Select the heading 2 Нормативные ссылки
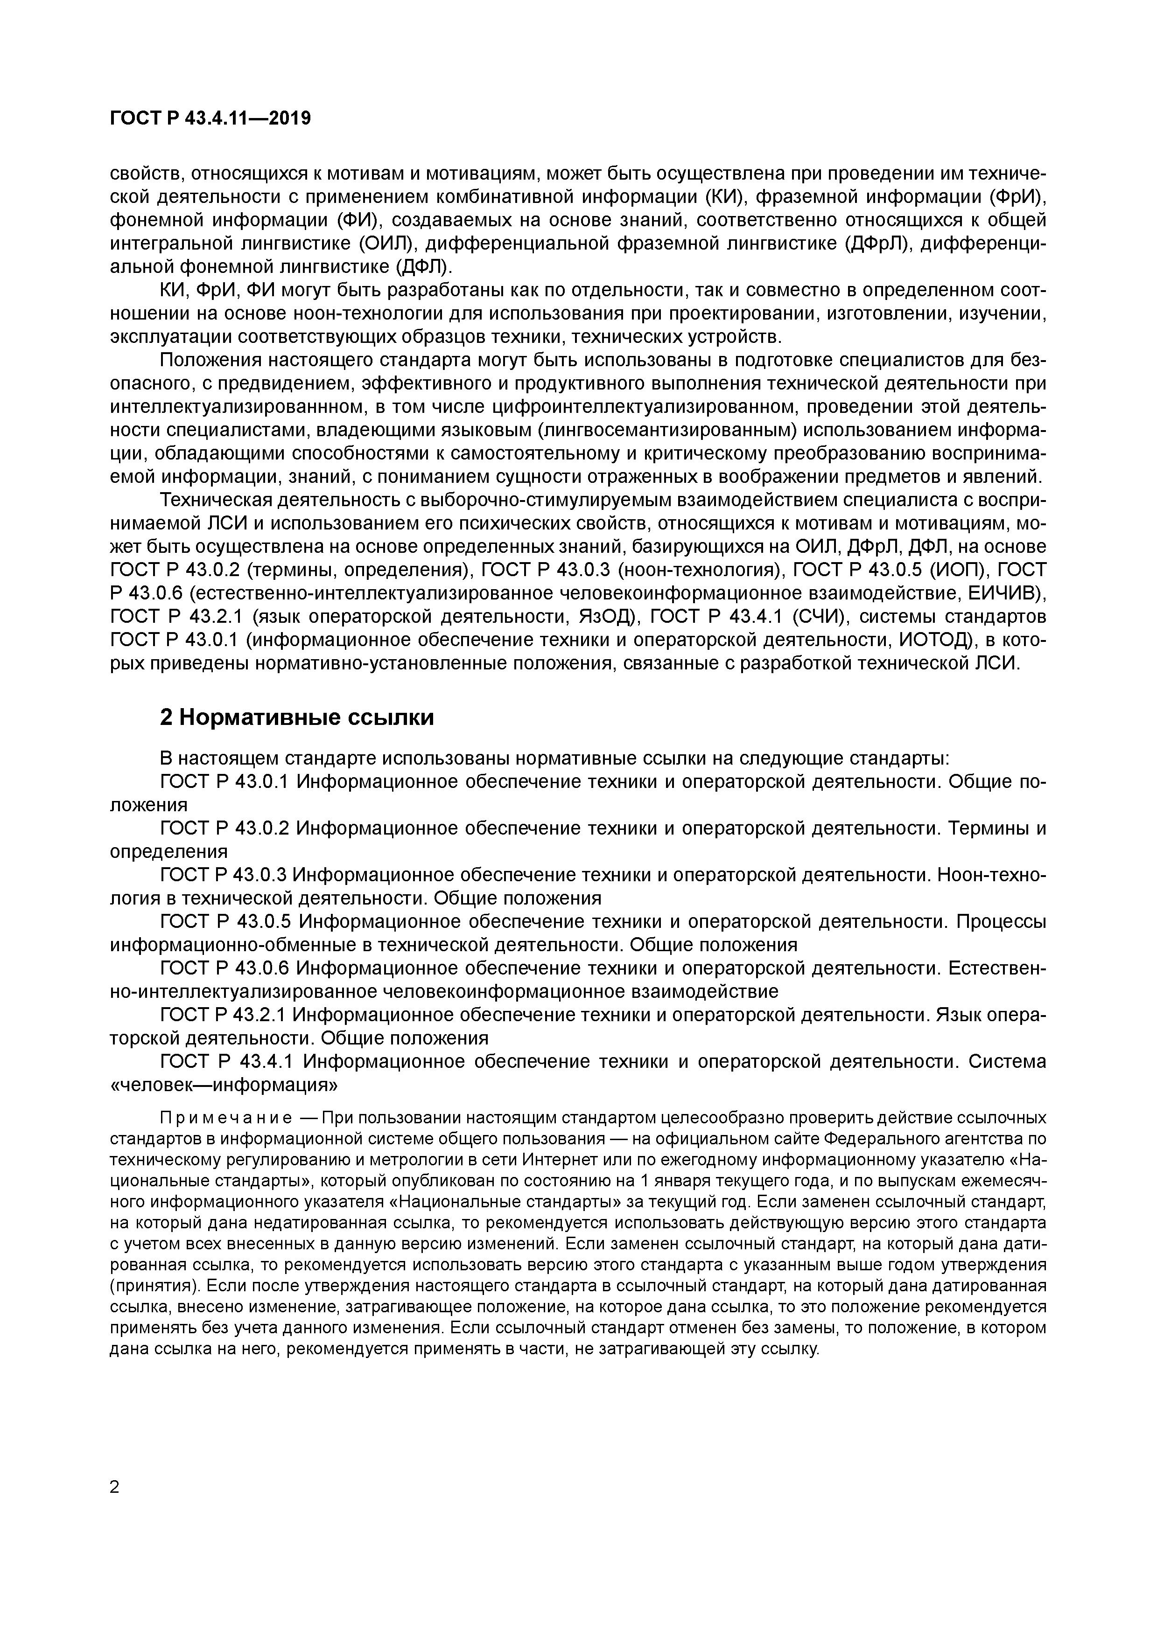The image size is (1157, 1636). coord(296,717)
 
